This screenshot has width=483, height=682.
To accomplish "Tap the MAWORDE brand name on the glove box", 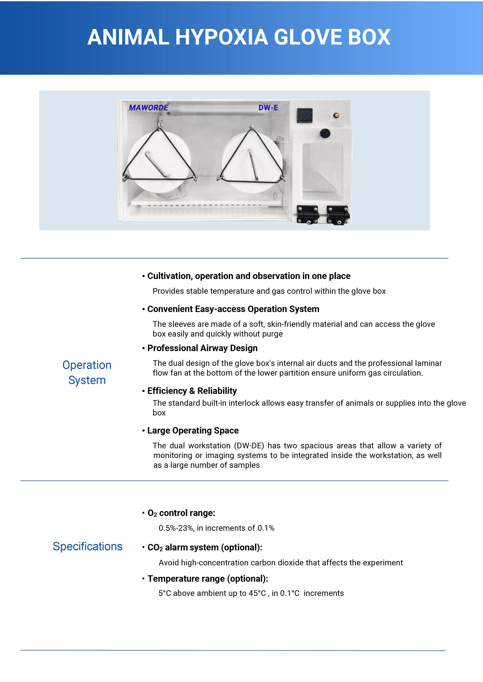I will point(148,108).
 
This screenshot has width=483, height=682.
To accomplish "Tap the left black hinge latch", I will point(308,214).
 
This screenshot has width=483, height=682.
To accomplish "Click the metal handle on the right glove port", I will point(253,165).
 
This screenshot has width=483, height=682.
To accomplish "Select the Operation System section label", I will point(87,372).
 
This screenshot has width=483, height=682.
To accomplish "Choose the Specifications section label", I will point(87,546).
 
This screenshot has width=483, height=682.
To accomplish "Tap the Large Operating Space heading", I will point(193,430).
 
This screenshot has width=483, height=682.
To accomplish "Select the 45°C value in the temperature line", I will point(257,593).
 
